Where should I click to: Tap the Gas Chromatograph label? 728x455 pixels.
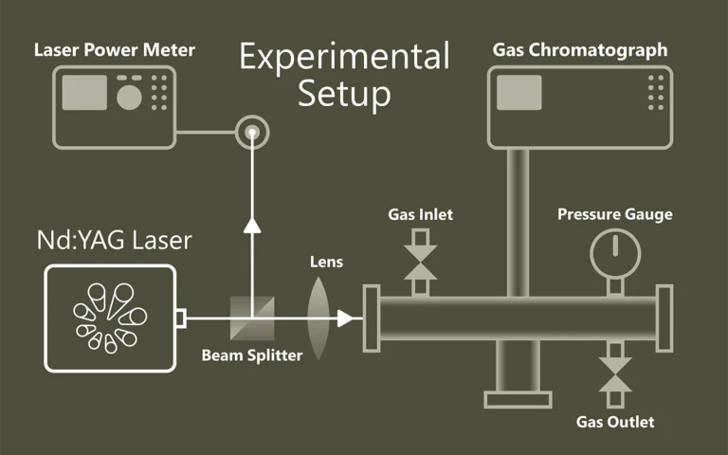[580, 49]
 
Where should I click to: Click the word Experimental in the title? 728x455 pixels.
[344, 58]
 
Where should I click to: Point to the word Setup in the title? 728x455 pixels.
[343, 94]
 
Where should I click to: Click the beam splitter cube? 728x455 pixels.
[253, 317]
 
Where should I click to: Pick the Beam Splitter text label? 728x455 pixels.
[252, 355]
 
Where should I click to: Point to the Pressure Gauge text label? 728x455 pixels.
[614, 214]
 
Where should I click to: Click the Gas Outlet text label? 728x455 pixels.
[615, 422]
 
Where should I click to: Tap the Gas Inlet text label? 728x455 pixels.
[420, 214]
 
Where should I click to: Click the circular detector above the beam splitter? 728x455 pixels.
[252, 132]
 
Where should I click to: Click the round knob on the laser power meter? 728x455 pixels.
[129, 96]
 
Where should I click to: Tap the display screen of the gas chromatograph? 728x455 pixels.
[519, 93]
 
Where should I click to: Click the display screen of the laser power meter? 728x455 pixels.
[84, 92]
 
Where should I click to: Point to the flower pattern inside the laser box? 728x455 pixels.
[110, 318]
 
